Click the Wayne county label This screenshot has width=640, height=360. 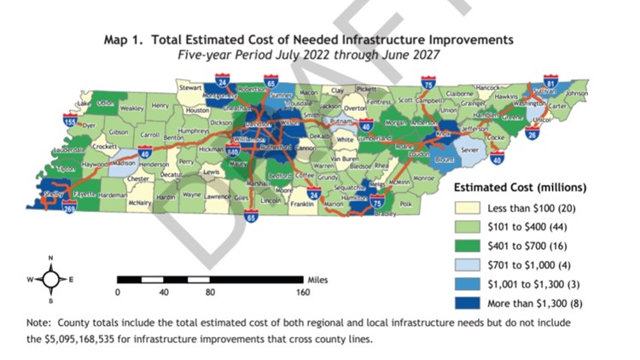[x=191, y=195]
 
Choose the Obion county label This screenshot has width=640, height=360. [x=106, y=103]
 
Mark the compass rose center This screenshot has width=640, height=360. [x=51, y=279]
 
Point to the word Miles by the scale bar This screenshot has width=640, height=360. [x=316, y=279]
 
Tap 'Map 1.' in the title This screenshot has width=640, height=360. [x=126, y=39]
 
